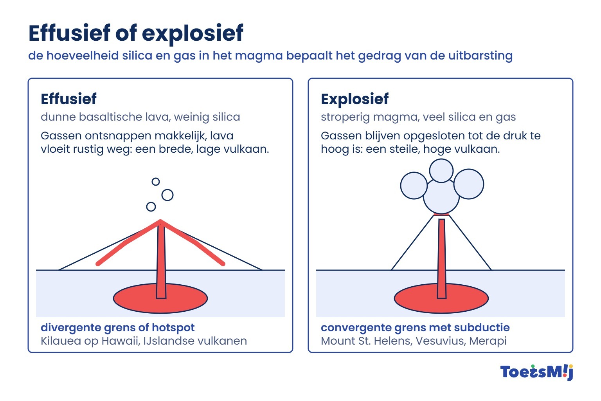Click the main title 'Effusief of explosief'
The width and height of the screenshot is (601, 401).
pyautogui.click(x=136, y=33)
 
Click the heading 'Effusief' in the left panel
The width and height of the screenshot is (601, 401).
pyautogui.click(x=68, y=99)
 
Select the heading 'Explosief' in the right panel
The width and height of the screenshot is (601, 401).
pyautogui.click(x=355, y=99)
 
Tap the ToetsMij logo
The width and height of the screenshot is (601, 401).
pyautogui.click(x=537, y=372)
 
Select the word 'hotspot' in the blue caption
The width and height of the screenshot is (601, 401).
pyautogui.click(x=173, y=328)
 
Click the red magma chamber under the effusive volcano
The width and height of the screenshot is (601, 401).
pyautogui.click(x=134, y=299)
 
